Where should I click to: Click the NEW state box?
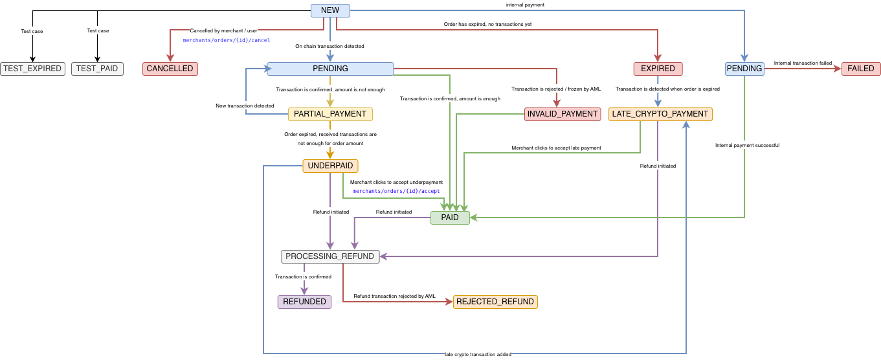[x=330, y=10]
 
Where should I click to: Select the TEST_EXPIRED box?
[x=32, y=69]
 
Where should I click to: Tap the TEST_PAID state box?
[x=97, y=69]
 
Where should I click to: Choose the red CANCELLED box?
[x=170, y=69]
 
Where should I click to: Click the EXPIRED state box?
[x=658, y=69]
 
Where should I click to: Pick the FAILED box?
[x=861, y=69]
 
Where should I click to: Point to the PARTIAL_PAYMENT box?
[x=330, y=114]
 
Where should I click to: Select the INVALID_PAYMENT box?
[x=563, y=114]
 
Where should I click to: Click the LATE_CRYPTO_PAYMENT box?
[x=660, y=114]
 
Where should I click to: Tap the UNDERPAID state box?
[x=330, y=166]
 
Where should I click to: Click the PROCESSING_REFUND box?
[x=330, y=256]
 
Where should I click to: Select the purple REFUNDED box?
[x=304, y=302]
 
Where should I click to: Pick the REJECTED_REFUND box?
[x=495, y=302]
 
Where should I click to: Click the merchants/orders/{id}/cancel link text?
[x=227, y=40]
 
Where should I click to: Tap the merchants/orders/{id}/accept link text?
[x=396, y=191]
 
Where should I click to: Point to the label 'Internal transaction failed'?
[x=803, y=63]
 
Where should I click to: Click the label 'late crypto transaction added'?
[x=478, y=354]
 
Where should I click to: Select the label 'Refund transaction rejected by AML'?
[x=394, y=297]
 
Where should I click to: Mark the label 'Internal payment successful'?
[x=747, y=146]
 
